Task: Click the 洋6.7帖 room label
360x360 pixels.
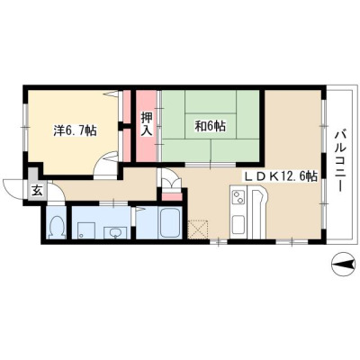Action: pyautogui.click(x=75, y=130)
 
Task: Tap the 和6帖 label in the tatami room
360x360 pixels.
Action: pyautogui.click(x=211, y=126)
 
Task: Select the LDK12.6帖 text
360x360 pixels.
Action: pyautogui.click(x=282, y=176)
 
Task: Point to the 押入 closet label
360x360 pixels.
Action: pyautogui.click(x=147, y=124)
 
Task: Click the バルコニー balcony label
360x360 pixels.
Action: pyautogui.click(x=340, y=160)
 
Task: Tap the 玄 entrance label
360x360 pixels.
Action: pyautogui.click(x=37, y=191)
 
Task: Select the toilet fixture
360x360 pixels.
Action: pyautogui.click(x=57, y=228)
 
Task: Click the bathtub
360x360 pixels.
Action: pyautogui.click(x=170, y=223)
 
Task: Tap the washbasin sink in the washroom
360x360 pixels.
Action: pyautogui.click(x=115, y=233)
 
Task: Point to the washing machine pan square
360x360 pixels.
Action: pyautogui.click(x=86, y=230)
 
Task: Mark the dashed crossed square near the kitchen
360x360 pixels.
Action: pyautogui.click(x=198, y=229)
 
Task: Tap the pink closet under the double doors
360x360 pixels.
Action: pyautogui.click(x=172, y=197)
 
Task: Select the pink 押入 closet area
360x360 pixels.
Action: pyautogui.click(x=147, y=126)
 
